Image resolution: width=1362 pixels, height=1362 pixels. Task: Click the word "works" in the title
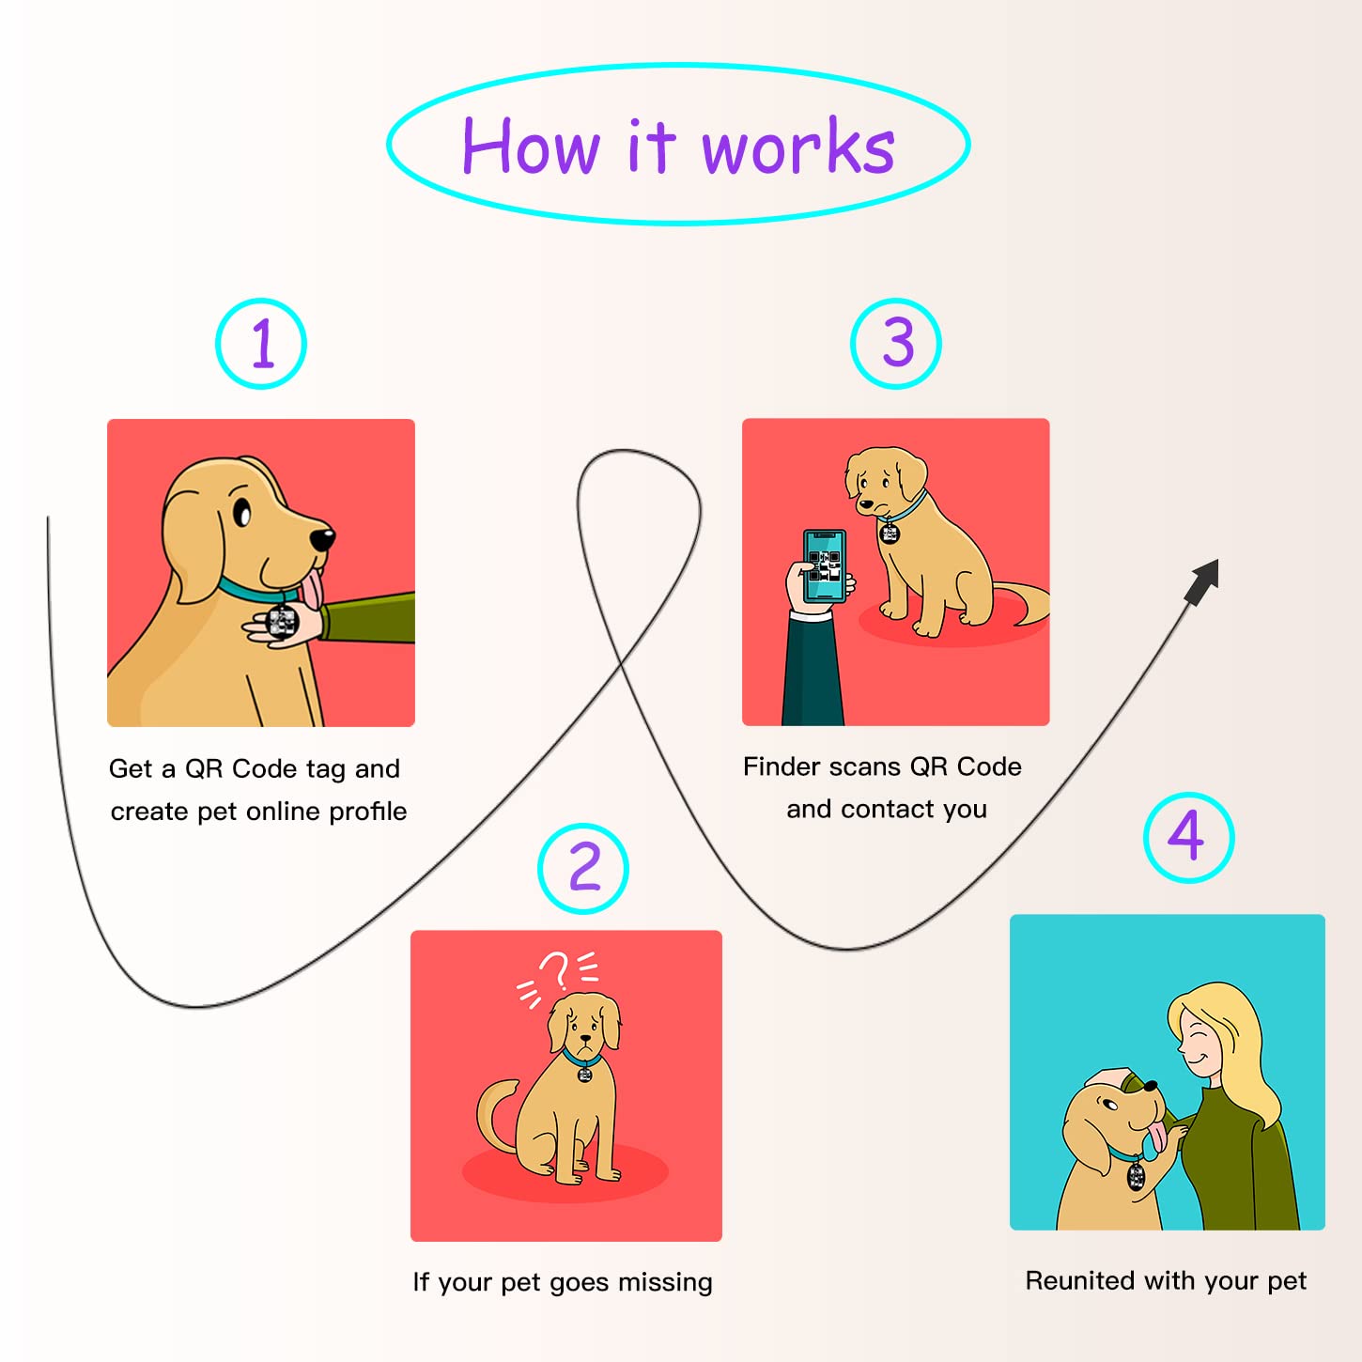(x=798, y=148)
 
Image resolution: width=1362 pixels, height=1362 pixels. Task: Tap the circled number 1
(x=261, y=344)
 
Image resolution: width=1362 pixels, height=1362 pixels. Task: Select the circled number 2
(x=583, y=868)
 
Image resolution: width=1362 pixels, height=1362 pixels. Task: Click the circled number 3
(x=896, y=344)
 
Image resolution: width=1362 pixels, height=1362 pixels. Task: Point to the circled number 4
(x=1188, y=837)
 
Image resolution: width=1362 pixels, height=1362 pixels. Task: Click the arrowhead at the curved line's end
(x=1203, y=580)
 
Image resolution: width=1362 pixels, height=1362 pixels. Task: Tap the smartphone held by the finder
(x=825, y=565)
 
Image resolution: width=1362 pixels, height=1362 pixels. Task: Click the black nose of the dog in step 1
(x=322, y=539)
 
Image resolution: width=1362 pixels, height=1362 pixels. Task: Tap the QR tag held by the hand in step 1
(x=282, y=621)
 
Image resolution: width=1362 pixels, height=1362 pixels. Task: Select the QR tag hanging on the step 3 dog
(x=889, y=534)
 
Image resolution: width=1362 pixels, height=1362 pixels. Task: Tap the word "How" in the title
(x=531, y=148)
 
